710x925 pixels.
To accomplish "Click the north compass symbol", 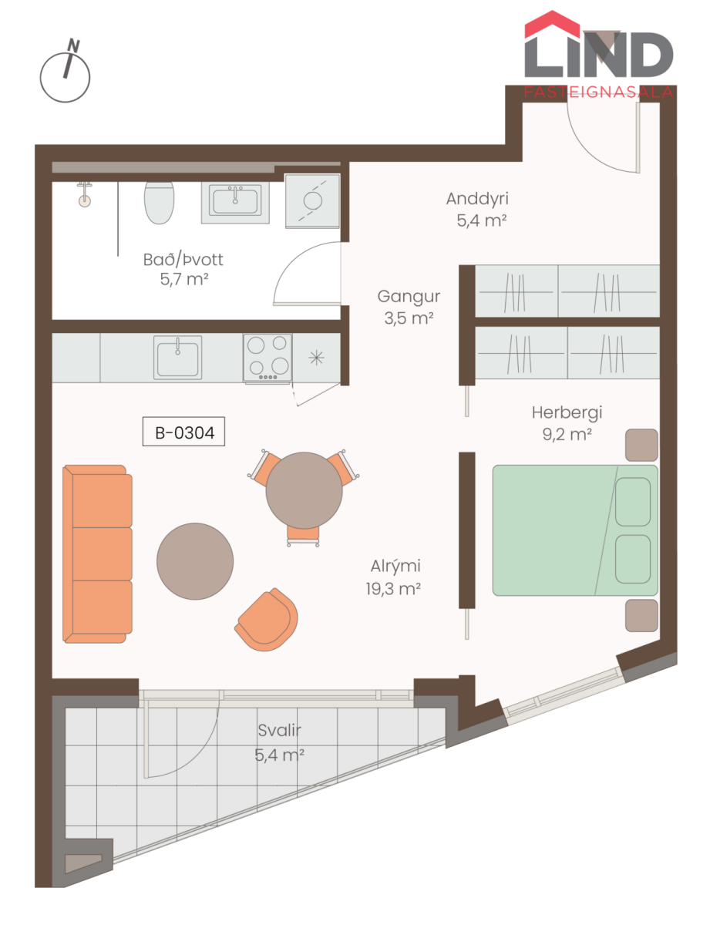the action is tap(65, 71).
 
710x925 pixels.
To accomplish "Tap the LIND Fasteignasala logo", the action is tap(598, 55).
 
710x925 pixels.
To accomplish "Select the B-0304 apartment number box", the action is tap(183, 431).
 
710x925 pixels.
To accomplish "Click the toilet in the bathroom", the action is tap(159, 203).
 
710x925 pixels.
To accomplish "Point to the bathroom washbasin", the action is tap(235, 203).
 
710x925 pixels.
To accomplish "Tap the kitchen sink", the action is tap(177, 357).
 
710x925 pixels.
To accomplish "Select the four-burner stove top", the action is tap(268, 358).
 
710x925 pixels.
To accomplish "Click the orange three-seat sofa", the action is tap(97, 553).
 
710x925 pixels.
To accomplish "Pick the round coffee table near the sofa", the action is tap(195, 561).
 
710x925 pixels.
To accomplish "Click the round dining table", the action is tap(304, 490).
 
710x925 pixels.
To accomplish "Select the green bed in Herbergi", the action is tap(575, 530).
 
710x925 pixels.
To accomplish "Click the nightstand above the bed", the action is tap(641, 445).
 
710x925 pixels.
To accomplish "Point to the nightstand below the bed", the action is tap(641, 616).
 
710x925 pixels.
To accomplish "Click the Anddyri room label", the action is tap(477, 199).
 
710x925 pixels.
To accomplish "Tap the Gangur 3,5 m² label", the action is tap(409, 307).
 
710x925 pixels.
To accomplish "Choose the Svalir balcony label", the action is tap(279, 731).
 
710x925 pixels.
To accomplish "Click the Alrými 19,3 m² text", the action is tap(394, 577).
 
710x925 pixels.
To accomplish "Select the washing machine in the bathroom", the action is tap(312, 201).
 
